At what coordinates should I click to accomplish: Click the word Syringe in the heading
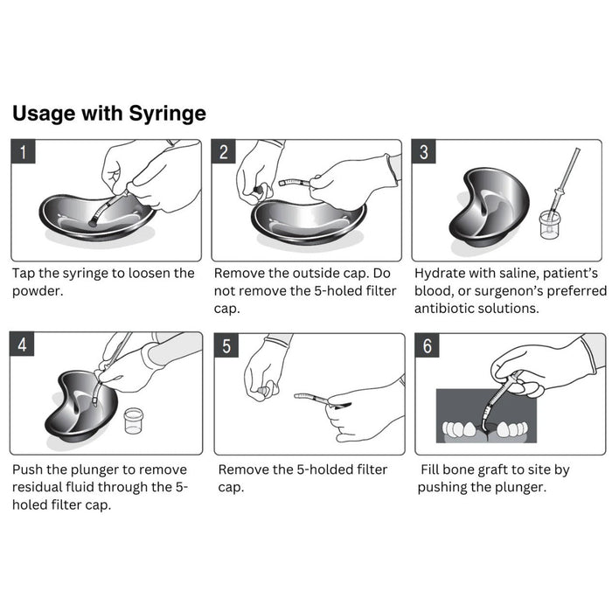[167, 115]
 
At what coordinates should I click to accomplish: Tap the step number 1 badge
[23, 151]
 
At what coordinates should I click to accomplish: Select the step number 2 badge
[224, 151]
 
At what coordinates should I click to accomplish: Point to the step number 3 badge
[424, 151]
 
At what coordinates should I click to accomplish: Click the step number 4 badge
[22, 344]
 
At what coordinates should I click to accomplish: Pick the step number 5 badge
[226, 345]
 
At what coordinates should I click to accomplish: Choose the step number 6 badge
[428, 345]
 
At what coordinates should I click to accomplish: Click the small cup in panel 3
[550, 224]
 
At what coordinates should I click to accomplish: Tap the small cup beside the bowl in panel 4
[134, 421]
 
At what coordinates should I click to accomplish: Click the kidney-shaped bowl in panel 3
[488, 207]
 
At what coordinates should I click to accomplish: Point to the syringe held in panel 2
[295, 182]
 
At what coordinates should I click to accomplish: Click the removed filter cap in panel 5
[265, 391]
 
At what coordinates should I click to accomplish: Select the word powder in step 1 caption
[38, 291]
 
